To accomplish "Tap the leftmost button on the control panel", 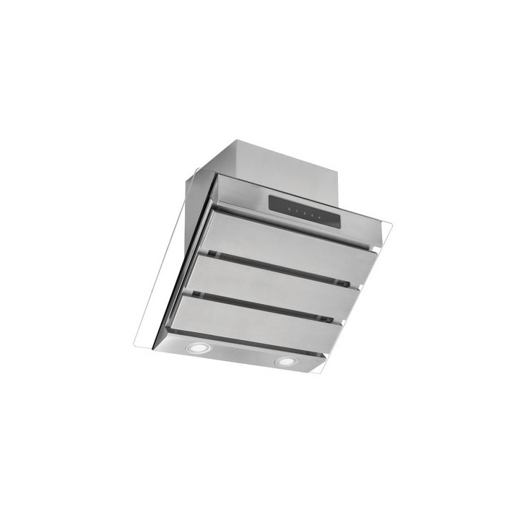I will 287,207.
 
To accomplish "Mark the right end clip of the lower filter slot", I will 329,318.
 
